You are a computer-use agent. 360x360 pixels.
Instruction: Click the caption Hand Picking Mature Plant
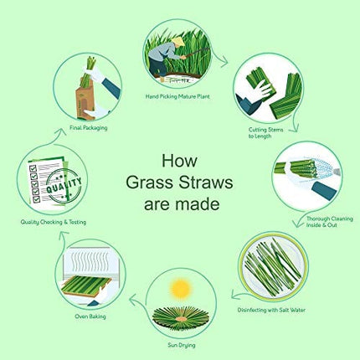click(179, 96)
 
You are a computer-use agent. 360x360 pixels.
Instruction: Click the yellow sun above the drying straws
click(179, 290)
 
